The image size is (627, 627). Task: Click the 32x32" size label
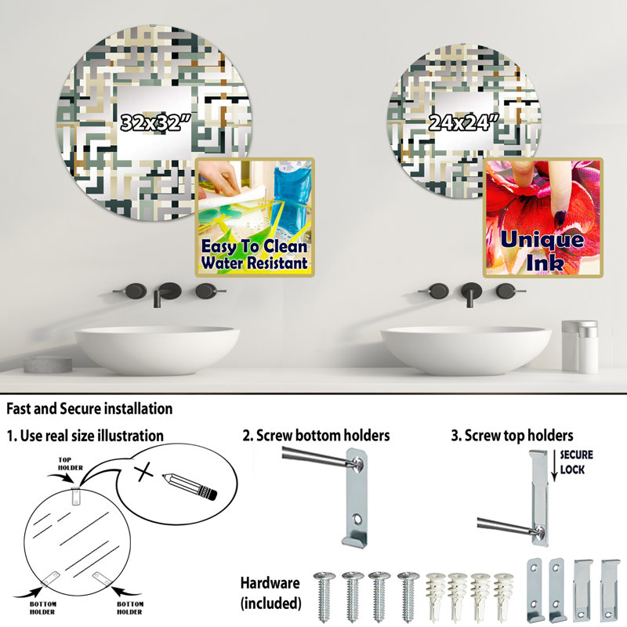[x=156, y=122]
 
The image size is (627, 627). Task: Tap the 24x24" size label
[x=463, y=122]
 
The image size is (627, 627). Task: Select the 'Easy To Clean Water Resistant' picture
[x=255, y=217]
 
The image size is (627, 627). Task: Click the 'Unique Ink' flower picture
[x=542, y=217]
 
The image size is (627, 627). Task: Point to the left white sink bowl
[x=157, y=350]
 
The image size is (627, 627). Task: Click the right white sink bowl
[x=466, y=350]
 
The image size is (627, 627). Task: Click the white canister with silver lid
[x=580, y=346]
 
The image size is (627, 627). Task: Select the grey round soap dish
[x=48, y=364]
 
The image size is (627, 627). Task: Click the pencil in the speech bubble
[x=190, y=487]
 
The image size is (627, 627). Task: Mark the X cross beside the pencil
[x=143, y=473]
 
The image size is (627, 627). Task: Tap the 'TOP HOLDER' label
[x=71, y=464]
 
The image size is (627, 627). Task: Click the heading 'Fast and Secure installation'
[x=89, y=408]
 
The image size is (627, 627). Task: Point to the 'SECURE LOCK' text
[x=576, y=462]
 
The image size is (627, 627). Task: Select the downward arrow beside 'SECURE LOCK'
[x=554, y=466]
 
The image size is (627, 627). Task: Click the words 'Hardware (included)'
[x=270, y=593]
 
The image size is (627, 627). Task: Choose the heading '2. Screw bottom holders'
[x=316, y=435]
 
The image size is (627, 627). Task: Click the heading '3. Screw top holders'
[x=512, y=436]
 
